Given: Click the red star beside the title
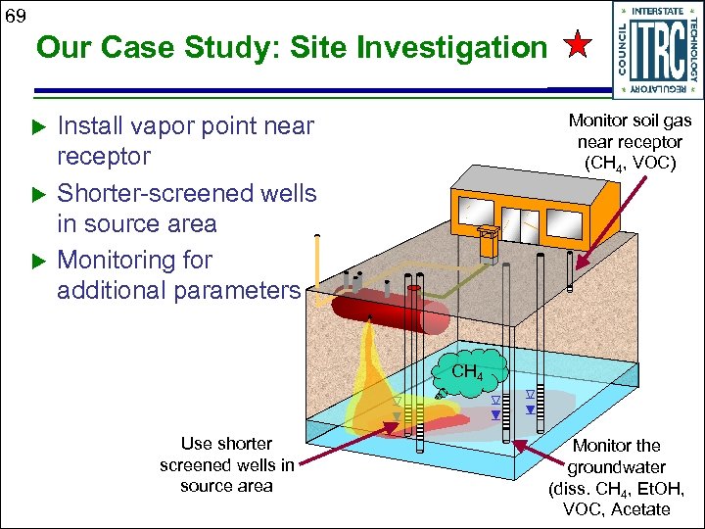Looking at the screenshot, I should tap(578, 45).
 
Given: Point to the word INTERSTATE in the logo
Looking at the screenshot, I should tap(658, 11).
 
